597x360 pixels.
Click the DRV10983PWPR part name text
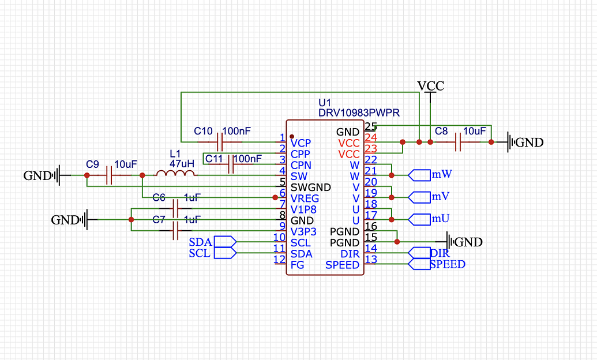359,113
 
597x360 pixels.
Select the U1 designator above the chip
325,103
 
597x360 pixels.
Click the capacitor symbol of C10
219,141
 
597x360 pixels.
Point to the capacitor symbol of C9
109,175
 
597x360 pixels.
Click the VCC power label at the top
431,86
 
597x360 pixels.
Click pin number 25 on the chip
371,126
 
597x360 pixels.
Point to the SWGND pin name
310,187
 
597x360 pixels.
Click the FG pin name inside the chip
297,265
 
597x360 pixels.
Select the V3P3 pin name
303,231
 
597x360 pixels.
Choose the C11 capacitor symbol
231,164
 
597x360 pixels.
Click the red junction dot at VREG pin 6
275,197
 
